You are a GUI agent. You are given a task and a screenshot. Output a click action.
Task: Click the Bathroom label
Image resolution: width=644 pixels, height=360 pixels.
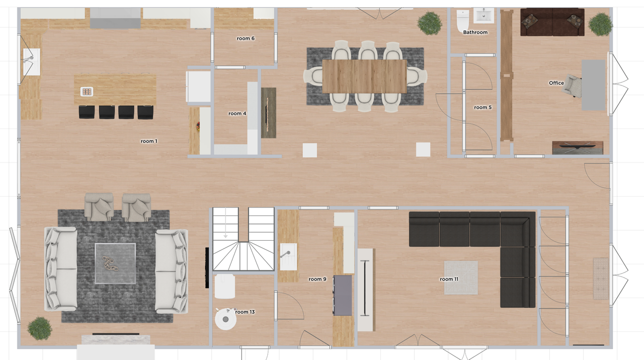(x=475, y=32)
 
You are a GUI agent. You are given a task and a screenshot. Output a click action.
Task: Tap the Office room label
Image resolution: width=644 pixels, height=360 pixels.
(x=556, y=83)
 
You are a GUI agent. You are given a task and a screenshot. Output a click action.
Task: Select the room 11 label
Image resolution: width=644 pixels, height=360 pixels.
(x=449, y=279)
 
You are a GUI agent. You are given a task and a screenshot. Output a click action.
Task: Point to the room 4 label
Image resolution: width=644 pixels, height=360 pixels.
(x=237, y=113)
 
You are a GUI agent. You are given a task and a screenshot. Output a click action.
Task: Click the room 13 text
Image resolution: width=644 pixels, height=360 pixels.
(x=245, y=312)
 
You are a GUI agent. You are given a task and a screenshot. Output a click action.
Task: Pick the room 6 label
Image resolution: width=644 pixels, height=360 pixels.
(x=246, y=38)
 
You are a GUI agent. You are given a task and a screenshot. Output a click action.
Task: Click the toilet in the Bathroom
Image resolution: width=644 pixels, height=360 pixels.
(x=462, y=21)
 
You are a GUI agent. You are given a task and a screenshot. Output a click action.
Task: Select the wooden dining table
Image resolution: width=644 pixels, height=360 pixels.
(x=364, y=77)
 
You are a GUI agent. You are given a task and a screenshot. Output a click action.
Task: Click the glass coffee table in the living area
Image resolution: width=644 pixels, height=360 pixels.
(x=115, y=263)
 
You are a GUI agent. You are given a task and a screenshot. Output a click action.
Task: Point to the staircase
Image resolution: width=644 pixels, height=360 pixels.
(x=243, y=239)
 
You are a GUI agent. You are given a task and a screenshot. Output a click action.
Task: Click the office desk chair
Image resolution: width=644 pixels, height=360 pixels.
(x=572, y=85)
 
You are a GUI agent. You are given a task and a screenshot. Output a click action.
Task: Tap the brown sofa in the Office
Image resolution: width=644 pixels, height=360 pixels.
(x=552, y=22)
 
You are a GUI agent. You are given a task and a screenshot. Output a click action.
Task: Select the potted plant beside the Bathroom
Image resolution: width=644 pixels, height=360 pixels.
(x=430, y=23)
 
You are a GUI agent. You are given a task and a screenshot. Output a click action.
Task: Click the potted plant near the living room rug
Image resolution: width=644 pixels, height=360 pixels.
(x=40, y=328)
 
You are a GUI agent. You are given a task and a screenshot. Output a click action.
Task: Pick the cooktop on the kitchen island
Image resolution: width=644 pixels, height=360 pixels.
(x=87, y=91)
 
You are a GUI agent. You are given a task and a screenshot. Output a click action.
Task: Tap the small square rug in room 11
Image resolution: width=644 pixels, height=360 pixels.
(x=461, y=277)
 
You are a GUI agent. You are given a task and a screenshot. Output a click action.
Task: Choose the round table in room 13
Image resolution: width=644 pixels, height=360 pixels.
(x=225, y=318)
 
